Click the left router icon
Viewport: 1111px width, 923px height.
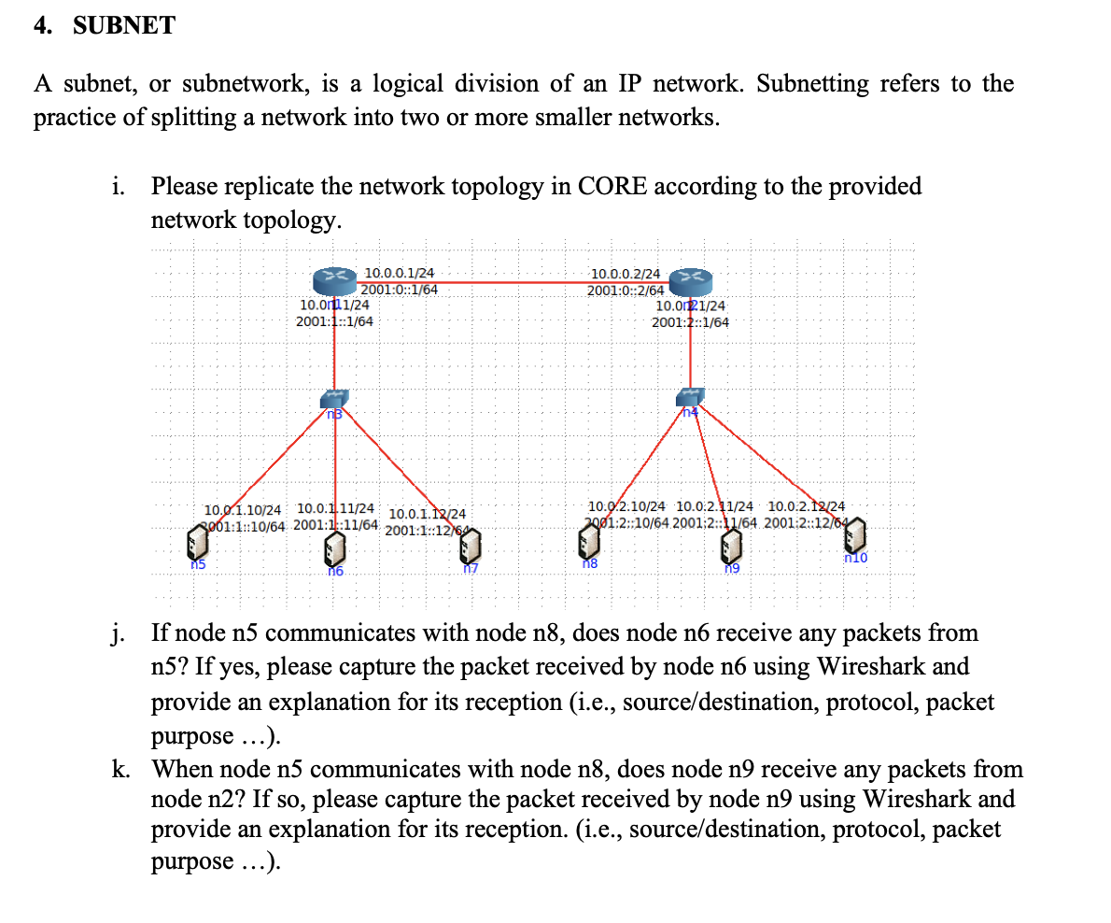[335, 277]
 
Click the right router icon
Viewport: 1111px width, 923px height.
[692, 278]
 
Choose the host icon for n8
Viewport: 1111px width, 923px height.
[589, 540]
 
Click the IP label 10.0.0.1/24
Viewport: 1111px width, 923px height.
[399, 273]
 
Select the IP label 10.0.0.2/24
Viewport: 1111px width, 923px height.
[626, 274]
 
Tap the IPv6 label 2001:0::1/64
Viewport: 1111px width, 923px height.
[399, 289]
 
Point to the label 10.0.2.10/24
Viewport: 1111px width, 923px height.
[626, 506]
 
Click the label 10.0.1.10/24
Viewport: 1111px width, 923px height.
[242, 510]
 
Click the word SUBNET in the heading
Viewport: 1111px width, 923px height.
[123, 26]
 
